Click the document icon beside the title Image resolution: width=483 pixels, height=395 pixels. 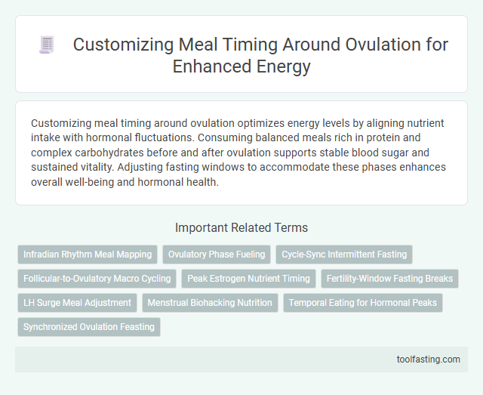pos(46,45)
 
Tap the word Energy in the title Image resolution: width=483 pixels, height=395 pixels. pos(282,66)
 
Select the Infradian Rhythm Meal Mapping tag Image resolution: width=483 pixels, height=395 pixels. pos(88,255)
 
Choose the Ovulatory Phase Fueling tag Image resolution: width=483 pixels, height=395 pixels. pos(217,255)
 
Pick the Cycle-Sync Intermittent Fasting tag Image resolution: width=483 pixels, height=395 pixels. pos(344,255)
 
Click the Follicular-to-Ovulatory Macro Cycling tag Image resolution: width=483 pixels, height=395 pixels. pos(97,279)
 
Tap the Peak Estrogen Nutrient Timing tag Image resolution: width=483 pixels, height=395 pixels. pos(249,279)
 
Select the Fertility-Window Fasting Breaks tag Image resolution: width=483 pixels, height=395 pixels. pos(389,279)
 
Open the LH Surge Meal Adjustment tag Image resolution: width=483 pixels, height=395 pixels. pos(77,303)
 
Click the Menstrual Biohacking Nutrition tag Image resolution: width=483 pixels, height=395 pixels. pos(210,303)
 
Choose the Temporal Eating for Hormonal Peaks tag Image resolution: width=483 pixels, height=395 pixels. pos(363,303)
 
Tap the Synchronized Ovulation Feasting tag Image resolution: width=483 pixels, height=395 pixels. pos(89,327)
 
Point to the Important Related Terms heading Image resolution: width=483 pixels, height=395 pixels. pos(241,227)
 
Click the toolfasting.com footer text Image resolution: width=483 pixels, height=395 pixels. pos(428,360)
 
